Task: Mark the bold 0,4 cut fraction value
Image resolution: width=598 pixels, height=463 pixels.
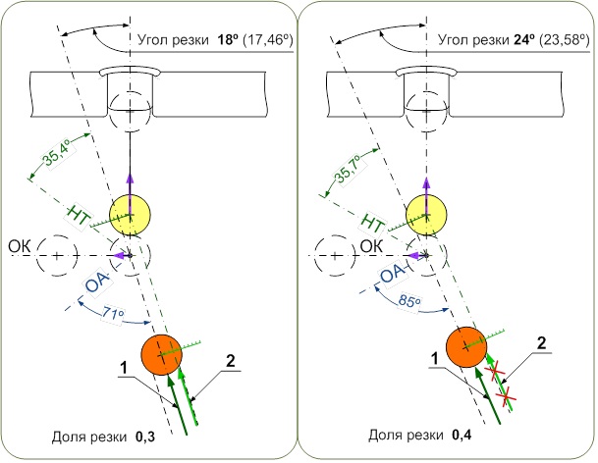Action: pyautogui.click(x=459, y=434)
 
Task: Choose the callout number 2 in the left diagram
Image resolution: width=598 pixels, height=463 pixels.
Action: pyautogui.click(x=230, y=361)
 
